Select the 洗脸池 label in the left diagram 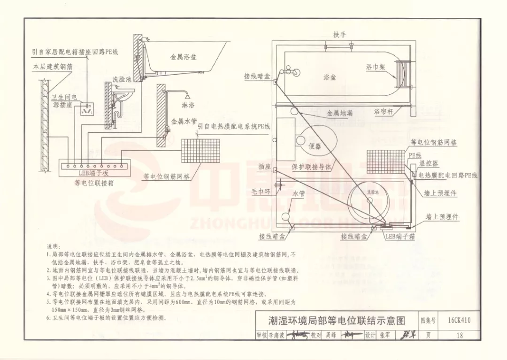122,79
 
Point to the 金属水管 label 184,121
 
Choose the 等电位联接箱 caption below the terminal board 93,182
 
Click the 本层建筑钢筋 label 53,68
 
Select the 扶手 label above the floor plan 339,35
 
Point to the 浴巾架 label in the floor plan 376,67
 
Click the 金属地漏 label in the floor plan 339,114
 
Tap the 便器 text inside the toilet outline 315,146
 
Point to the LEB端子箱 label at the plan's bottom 400,237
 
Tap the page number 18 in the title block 459,335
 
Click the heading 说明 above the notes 53,246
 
